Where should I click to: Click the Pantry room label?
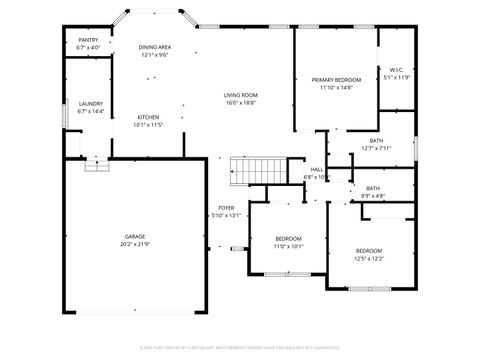pyautogui.click(x=88, y=40)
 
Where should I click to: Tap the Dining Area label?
pyautogui.click(x=154, y=47)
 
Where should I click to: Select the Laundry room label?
pyautogui.click(x=91, y=104)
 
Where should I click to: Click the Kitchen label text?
pyautogui.click(x=147, y=117)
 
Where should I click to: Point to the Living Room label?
pyautogui.click(x=241, y=95)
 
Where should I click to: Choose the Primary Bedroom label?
pyautogui.click(x=336, y=80)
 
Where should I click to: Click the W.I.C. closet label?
pyautogui.click(x=397, y=70)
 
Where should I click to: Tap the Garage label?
pyautogui.click(x=135, y=236)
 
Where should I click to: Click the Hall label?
pyautogui.click(x=316, y=170)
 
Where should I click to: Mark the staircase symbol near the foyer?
pyautogui.click(x=258, y=171)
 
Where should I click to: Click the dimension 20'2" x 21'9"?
pyautogui.click(x=135, y=244)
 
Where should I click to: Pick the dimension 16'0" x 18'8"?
pyautogui.click(x=241, y=103)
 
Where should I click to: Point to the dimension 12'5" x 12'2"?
pyautogui.click(x=369, y=258)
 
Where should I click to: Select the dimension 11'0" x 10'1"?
pyautogui.click(x=289, y=246)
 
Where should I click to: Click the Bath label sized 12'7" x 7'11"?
pyautogui.click(x=376, y=141)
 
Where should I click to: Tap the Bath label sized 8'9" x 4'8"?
pyautogui.click(x=373, y=188)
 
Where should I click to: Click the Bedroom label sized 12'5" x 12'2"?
pyautogui.click(x=369, y=250)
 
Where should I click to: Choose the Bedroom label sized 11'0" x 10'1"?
pyautogui.click(x=289, y=238)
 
